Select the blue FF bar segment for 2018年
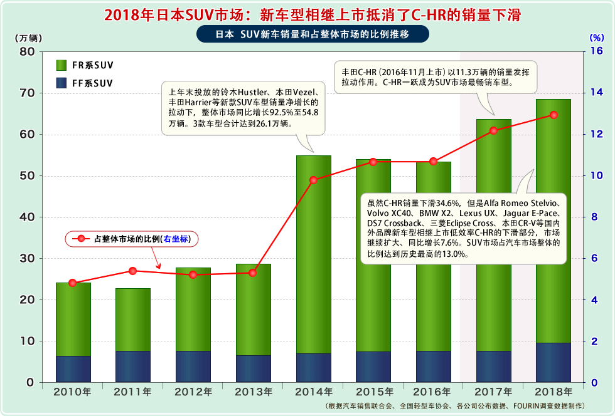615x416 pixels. tap(553, 362)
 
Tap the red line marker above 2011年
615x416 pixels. tap(133, 271)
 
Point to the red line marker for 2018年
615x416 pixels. tap(553, 115)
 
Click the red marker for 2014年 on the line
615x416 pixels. tap(313, 180)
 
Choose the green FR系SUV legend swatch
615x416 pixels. tap(61, 65)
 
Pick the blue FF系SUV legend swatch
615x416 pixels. tap(61, 83)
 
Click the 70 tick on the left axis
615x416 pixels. tap(28, 93)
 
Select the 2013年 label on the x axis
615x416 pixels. tap(253, 392)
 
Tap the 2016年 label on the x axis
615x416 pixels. tap(434, 392)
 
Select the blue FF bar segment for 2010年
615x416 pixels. tap(73, 369)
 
